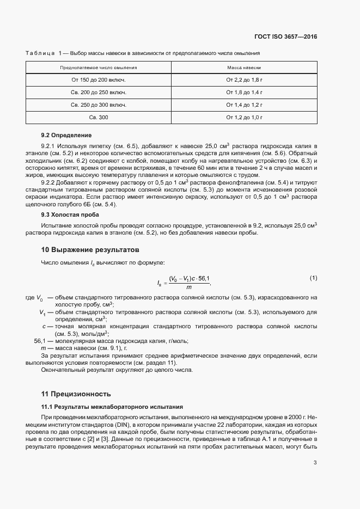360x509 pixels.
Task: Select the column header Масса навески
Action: (244, 68)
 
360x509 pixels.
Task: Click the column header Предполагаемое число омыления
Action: (99, 68)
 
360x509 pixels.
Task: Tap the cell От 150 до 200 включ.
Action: (99, 80)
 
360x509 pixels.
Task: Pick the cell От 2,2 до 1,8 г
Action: (244, 80)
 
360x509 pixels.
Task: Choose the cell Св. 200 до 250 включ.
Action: (99, 93)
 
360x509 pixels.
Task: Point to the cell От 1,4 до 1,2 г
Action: (244, 105)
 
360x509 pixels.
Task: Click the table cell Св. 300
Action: (99, 118)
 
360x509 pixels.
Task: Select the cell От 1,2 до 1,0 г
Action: (244, 118)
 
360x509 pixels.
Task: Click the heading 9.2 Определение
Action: (66, 135)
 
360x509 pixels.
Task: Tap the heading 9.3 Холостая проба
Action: (70, 215)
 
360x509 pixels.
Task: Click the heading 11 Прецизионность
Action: (76, 394)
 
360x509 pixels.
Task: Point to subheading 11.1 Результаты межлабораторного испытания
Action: (112, 407)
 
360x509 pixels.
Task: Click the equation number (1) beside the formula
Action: (313, 278)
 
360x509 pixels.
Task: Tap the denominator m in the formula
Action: (188, 287)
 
